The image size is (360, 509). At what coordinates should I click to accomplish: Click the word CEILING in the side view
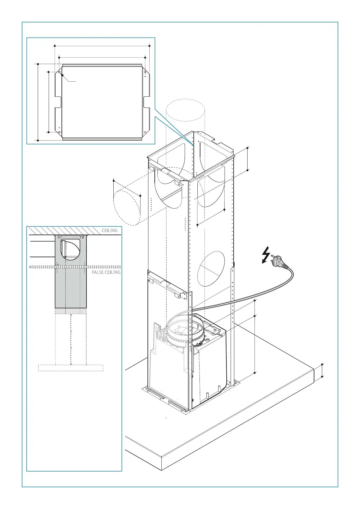click(x=109, y=230)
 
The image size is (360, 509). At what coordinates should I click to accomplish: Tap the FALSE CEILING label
click(x=106, y=272)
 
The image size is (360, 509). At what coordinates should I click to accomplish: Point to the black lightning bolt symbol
click(x=266, y=255)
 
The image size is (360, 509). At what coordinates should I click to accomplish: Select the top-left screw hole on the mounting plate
click(x=59, y=72)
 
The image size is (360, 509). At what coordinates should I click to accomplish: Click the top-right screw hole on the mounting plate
click(x=145, y=72)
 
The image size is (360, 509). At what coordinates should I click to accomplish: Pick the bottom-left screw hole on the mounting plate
click(x=59, y=132)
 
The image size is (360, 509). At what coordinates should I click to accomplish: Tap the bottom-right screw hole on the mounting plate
click(x=145, y=132)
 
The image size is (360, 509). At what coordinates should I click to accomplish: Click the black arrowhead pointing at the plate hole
click(x=62, y=75)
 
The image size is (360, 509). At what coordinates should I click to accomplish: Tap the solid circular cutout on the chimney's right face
click(x=211, y=269)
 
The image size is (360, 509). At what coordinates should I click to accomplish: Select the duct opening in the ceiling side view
click(x=70, y=249)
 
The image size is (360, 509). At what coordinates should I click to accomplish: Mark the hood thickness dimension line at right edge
click(x=322, y=370)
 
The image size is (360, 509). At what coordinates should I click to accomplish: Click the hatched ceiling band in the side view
click(x=74, y=231)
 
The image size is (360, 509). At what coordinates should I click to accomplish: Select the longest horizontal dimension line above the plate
click(x=102, y=46)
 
